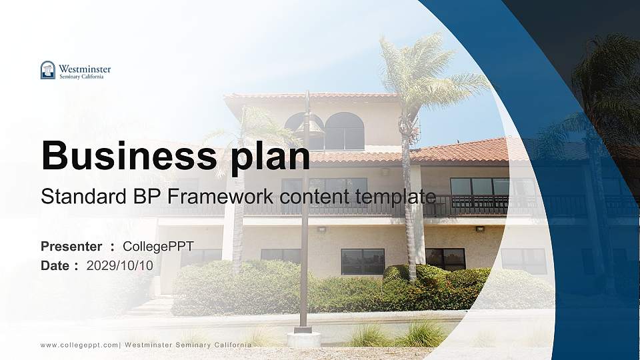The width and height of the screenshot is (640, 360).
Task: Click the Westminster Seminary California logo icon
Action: tap(48, 70)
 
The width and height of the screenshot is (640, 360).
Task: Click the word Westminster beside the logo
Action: tap(85, 68)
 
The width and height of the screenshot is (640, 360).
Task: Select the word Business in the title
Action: tap(125, 156)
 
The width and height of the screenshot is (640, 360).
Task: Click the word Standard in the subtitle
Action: tap(75, 197)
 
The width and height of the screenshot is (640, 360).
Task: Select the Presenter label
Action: tap(71, 247)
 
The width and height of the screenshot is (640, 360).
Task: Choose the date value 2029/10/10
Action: tap(120, 265)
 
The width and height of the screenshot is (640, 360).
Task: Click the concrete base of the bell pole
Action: tap(303, 339)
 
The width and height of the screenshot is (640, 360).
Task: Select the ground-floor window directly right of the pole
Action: tap(363, 261)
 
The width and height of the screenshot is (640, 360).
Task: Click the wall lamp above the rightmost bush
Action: tap(479, 229)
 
